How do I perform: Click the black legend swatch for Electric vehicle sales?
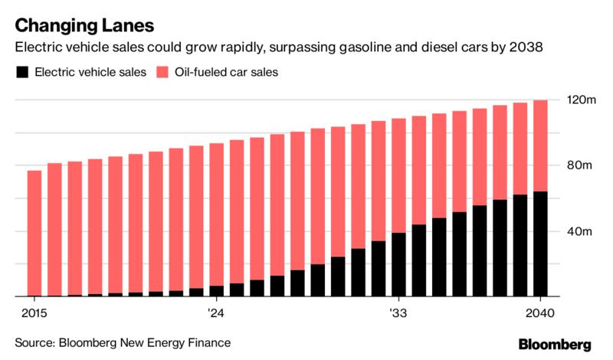click(x=21, y=74)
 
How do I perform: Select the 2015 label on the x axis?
click(x=35, y=313)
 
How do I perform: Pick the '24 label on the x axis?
click(x=215, y=313)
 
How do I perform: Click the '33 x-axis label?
click(x=398, y=313)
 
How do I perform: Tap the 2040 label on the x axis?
click(x=541, y=313)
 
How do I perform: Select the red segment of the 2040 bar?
click(x=541, y=146)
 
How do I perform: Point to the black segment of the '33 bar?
click(x=398, y=264)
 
